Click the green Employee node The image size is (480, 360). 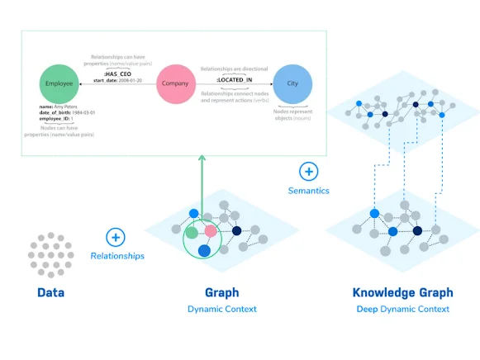click(x=59, y=84)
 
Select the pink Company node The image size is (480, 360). click(x=177, y=84)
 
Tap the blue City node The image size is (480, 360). click(x=292, y=84)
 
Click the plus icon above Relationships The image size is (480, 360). click(x=116, y=238)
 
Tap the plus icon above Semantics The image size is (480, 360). click(x=308, y=172)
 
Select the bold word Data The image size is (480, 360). click(x=51, y=292)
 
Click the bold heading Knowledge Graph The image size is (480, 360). click(x=402, y=292)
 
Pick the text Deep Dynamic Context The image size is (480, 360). click(x=402, y=309)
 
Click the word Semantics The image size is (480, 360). click(x=308, y=191)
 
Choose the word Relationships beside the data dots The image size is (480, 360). click(x=116, y=256)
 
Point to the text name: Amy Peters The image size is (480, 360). click(x=59, y=107)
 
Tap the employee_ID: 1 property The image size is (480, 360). click(x=55, y=120)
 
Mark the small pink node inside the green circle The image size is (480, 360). click(x=211, y=231)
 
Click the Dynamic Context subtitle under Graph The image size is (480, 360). click(x=221, y=309)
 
